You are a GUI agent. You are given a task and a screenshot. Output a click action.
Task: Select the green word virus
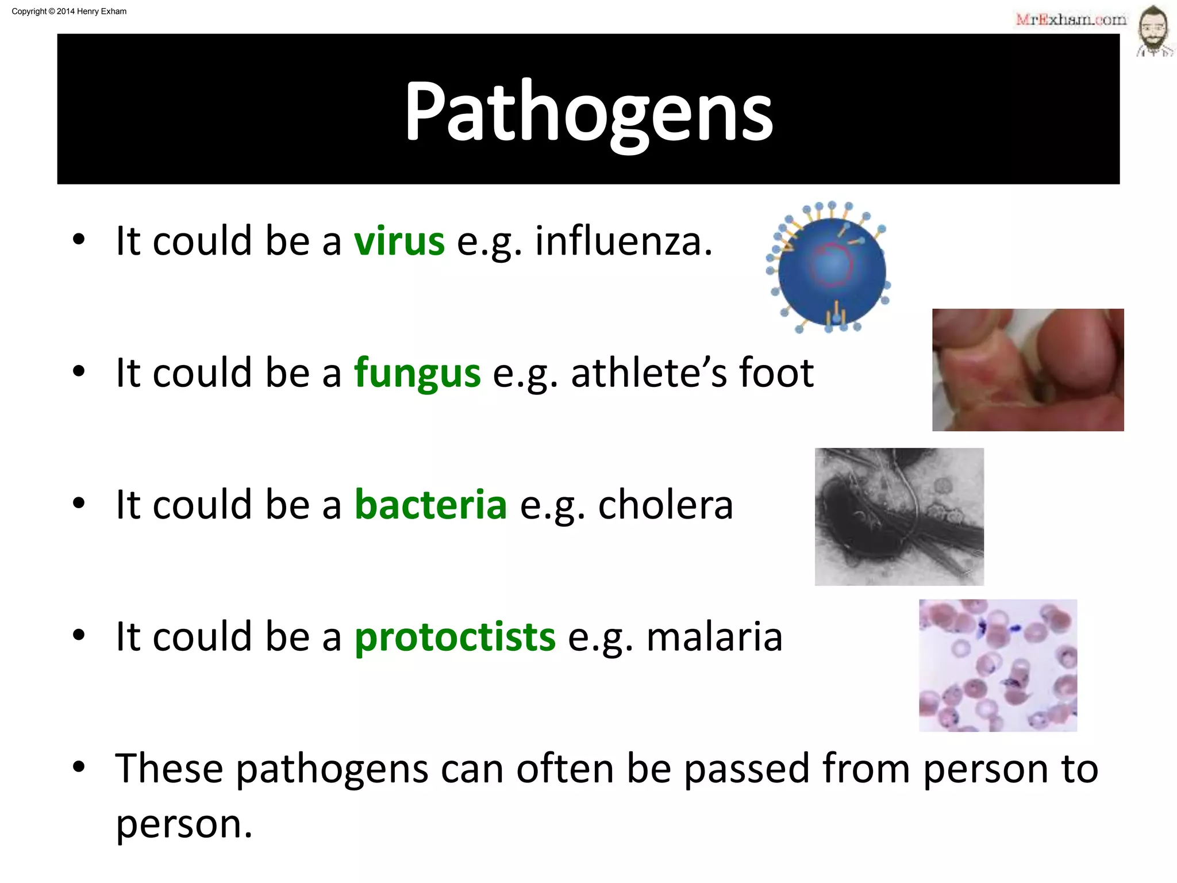click(399, 241)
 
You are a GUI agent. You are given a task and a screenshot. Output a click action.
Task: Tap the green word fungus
click(417, 374)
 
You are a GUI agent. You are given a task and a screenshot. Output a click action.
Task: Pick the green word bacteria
click(430, 505)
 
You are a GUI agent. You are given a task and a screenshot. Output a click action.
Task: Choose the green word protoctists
click(455, 637)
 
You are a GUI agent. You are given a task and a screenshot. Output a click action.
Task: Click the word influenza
click(624, 241)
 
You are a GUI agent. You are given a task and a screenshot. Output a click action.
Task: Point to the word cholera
click(666, 505)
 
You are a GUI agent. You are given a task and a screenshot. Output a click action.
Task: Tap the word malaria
click(714, 637)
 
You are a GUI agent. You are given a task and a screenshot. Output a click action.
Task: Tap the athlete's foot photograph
click(1028, 370)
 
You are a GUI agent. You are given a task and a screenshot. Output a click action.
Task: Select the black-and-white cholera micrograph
click(899, 516)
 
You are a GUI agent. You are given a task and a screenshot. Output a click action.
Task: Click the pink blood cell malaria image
click(998, 665)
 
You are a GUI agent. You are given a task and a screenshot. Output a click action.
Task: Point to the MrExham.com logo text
click(1071, 20)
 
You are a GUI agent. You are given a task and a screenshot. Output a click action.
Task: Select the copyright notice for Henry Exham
click(69, 11)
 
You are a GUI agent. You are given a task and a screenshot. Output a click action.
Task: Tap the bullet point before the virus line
click(79, 240)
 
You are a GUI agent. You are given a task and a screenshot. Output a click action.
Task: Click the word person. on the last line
click(184, 824)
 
